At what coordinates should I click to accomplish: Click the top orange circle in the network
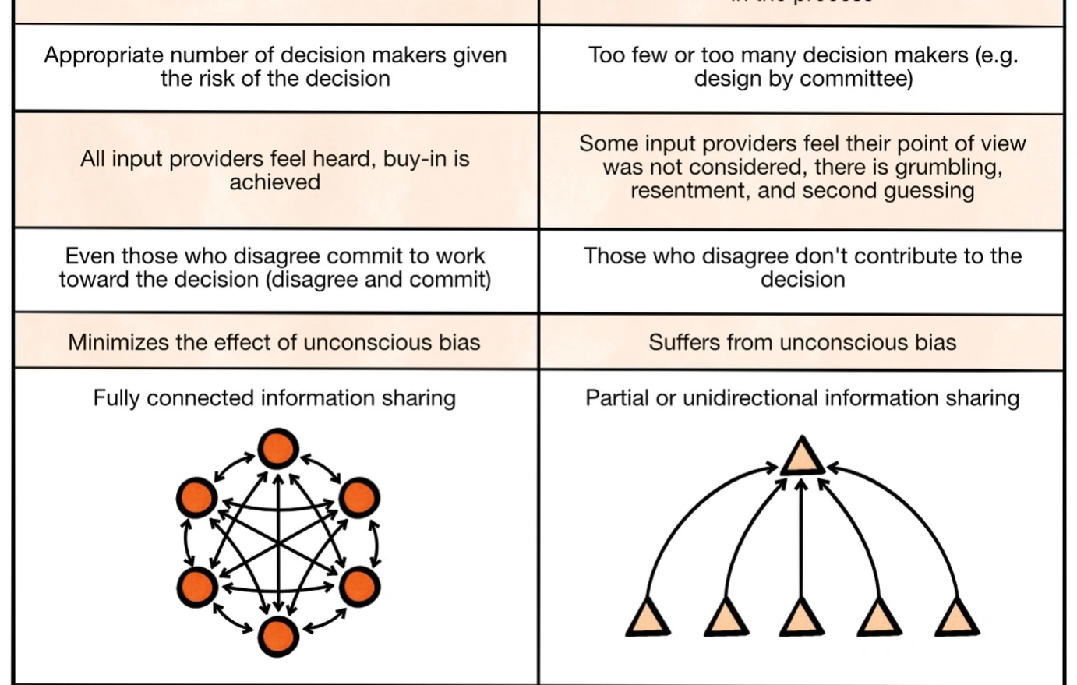pyautogui.click(x=278, y=449)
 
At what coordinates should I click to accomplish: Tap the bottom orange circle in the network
pyautogui.click(x=278, y=636)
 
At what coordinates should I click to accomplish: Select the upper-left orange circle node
pyautogui.click(x=196, y=497)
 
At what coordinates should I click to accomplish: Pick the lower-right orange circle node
pyautogui.click(x=359, y=586)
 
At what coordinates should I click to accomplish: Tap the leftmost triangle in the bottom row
pyautogui.click(x=648, y=620)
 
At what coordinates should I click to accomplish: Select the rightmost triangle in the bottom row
pyautogui.click(x=956, y=620)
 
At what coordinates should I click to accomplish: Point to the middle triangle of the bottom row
pyautogui.click(x=802, y=620)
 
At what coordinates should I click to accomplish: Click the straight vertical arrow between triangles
pyautogui.click(x=802, y=538)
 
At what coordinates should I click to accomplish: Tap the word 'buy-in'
pyautogui.click(x=415, y=159)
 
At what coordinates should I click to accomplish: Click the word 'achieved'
pyautogui.click(x=274, y=182)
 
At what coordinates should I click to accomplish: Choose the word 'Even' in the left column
pyautogui.click(x=90, y=256)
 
